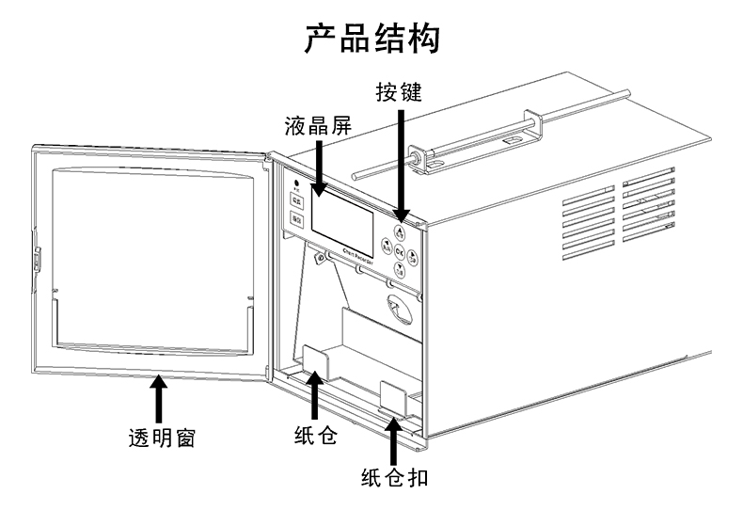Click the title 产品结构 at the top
click(372, 39)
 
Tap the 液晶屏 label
click(318, 126)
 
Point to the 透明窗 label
click(161, 438)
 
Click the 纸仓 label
click(315, 437)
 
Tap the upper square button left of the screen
click(295, 200)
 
